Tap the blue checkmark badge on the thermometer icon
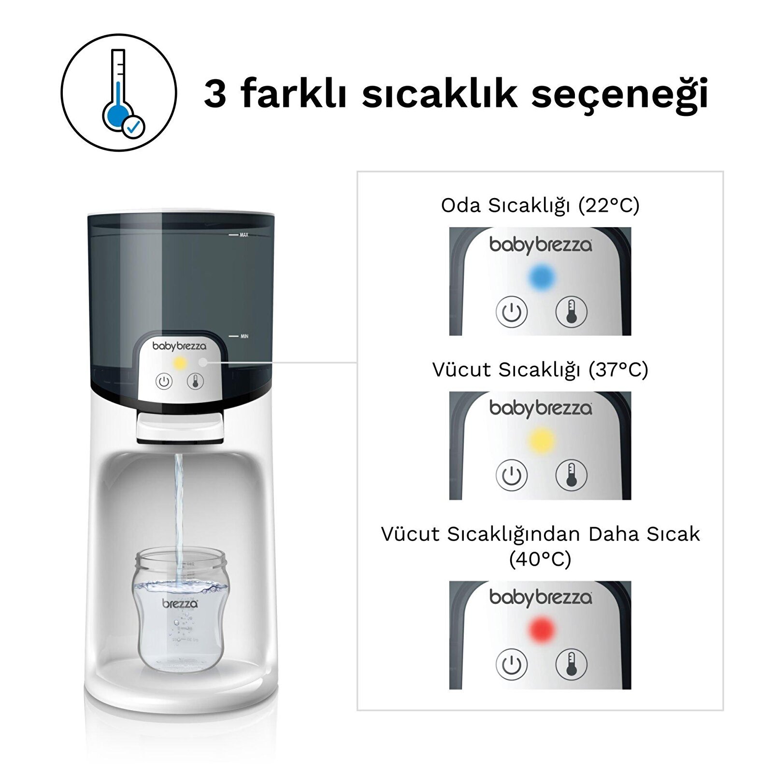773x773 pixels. (133, 127)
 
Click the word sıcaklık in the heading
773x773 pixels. (439, 93)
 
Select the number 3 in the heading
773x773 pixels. (215, 93)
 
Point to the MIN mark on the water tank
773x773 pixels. (243, 336)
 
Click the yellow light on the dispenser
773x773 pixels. (180, 363)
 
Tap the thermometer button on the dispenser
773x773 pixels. (195, 382)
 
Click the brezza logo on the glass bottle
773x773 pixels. (180, 603)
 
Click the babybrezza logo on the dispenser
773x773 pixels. (179, 346)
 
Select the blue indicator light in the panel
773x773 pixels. (541, 277)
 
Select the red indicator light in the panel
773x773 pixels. (541, 629)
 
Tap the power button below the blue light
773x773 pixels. (511, 312)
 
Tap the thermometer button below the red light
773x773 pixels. (571, 664)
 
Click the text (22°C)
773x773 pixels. (609, 205)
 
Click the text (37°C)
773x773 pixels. (618, 370)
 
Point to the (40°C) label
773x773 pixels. (540, 559)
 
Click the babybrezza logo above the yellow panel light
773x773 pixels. (540, 408)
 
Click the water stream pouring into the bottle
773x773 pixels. (179, 507)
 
